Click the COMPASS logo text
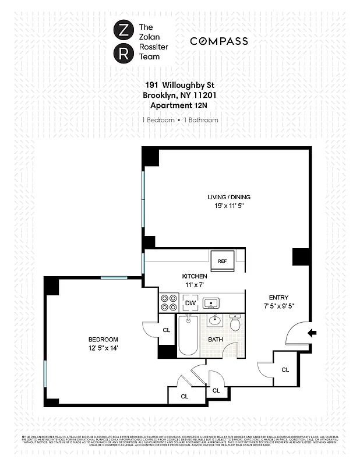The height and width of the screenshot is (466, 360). [218, 41]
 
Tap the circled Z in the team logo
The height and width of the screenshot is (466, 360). [123, 30]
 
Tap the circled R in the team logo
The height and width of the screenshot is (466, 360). [123, 54]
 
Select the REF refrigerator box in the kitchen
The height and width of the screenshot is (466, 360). [222, 261]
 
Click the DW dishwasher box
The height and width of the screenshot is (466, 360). [190, 303]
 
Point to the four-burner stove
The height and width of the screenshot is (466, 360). [169, 303]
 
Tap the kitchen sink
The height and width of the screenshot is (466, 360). [211, 303]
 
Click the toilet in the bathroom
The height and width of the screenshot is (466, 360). [235, 324]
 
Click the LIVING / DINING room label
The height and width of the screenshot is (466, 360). [227, 197]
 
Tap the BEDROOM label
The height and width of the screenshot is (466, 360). [103, 340]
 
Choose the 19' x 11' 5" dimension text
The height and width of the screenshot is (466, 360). [227, 206]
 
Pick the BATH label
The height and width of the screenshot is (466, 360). [216, 339]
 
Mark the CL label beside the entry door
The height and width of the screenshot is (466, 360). [285, 370]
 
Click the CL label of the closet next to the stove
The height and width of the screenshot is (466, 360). [166, 330]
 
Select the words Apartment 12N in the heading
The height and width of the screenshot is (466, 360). [179, 105]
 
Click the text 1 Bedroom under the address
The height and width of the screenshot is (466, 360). [158, 120]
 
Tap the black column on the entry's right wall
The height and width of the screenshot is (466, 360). [301, 256]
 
